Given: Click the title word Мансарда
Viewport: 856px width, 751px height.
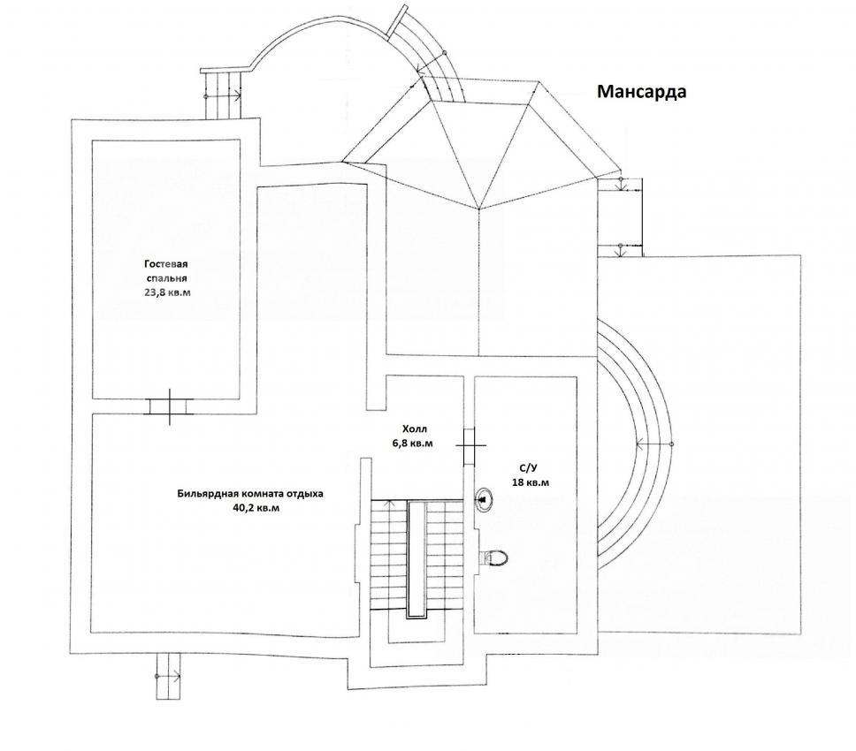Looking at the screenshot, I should [x=642, y=92].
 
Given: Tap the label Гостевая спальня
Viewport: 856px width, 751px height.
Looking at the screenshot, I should [x=167, y=270].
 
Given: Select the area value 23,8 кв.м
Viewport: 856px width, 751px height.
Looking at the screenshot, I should [x=167, y=292].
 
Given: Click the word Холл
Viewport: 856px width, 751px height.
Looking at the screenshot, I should [x=413, y=427].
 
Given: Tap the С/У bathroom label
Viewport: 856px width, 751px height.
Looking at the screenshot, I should [x=529, y=468].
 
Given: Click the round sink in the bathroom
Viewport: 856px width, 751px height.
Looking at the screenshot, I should [x=485, y=500].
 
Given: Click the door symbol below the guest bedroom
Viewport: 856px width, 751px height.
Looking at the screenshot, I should [x=170, y=406].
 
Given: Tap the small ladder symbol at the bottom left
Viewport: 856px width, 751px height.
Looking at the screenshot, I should [x=167, y=676].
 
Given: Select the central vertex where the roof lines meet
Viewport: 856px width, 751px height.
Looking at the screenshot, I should [x=478, y=209].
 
